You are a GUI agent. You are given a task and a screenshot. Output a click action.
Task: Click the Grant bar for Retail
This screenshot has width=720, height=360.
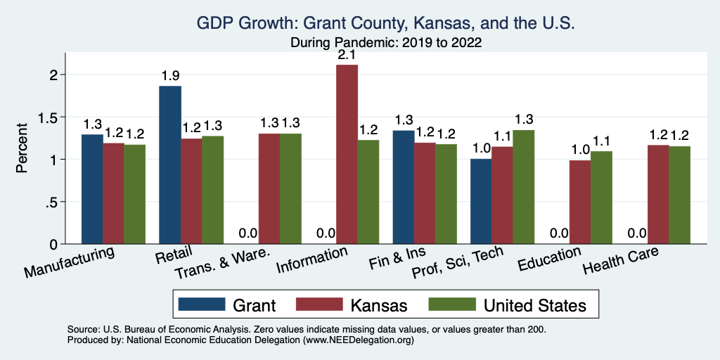[x=170, y=165]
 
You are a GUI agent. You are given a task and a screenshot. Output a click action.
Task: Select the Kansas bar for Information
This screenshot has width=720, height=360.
[x=347, y=155]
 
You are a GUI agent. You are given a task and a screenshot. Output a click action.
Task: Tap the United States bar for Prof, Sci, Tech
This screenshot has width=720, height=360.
[x=523, y=187]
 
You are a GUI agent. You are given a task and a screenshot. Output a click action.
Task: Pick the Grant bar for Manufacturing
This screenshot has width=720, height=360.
[x=92, y=189]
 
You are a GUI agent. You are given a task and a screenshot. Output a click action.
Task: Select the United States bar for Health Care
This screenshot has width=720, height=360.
[x=679, y=195]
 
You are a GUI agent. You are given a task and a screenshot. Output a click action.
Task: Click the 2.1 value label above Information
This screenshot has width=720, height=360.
[x=347, y=55]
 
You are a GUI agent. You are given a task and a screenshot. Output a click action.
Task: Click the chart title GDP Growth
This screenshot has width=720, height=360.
[x=386, y=23]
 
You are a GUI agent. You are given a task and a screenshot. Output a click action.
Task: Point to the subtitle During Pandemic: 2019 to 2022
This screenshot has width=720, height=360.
[x=386, y=42]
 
